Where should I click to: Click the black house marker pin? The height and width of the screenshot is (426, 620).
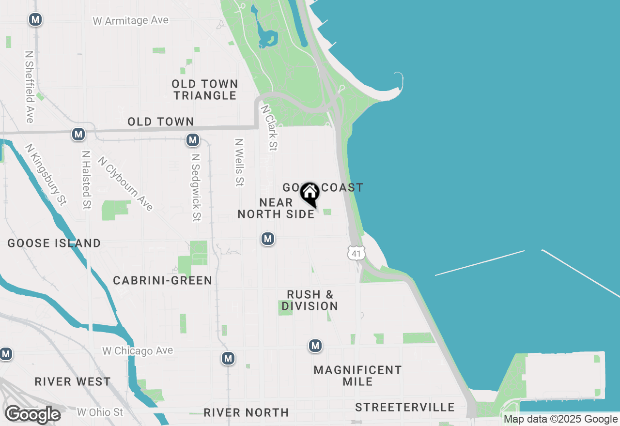pyautogui.click(x=310, y=194)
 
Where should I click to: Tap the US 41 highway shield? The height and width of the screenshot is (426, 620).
pyautogui.click(x=356, y=252)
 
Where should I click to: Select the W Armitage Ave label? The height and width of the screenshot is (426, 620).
pyautogui.click(x=131, y=21)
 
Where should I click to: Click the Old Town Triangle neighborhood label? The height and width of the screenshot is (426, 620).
pyautogui.click(x=205, y=90)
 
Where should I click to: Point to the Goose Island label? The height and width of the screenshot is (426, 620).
pyautogui.click(x=54, y=243)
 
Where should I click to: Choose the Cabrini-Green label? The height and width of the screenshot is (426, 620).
pyautogui.click(x=163, y=280)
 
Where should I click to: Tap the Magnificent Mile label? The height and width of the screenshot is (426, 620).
pyautogui.click(x=357, y=376)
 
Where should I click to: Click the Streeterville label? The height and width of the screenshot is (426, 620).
pyautogui.click(x=405, y=408)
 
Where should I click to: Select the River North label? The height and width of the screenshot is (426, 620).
pyautogui.click(x=246, y=412)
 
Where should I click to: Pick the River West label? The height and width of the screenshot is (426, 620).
pyautogui.click(x=73, y=381)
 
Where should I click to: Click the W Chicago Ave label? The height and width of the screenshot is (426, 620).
pyautogui.click(x=138, y=350)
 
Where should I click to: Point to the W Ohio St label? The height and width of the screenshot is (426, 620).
pyautogui.click(x=100, y=412)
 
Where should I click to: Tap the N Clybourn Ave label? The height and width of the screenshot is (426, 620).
pyautogui.click(x=125, y=183)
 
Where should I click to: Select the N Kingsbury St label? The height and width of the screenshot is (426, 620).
pyautogui.click(x=46, y=175)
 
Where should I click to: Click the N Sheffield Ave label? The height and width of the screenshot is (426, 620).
pyautogui.click(x=30, y=87)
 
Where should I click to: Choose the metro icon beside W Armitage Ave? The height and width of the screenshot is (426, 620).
pyautogui.click(x=35, y=19)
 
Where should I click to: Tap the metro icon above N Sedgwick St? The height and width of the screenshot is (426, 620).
pyautogui.click(x=193, y=140)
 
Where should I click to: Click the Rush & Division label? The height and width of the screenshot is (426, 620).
pyautogui.click(x=310, y=300)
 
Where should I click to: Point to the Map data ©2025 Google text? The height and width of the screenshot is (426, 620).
pyautogui.click(x=561, y=419)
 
